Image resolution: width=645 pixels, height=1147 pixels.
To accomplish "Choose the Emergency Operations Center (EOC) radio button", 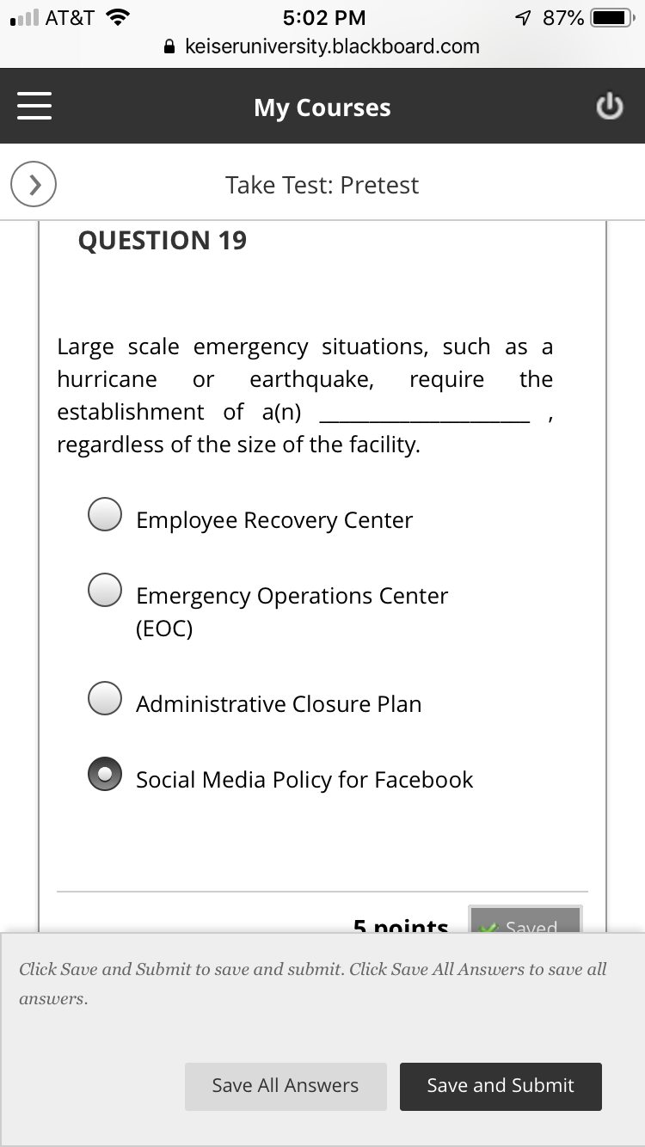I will pyautogui.click(x=105, y=590).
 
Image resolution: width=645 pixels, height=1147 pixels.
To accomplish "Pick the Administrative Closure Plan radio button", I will pyautogui.click(x=105, y=698).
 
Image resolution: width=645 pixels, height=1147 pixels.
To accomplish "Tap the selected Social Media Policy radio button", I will pyautogui.click(x=105, y=774).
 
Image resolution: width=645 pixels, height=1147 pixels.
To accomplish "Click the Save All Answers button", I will pyautogui.click(x=286, y=1086).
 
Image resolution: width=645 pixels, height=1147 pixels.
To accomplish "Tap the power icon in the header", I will pyautogui.click(x=609, y=107).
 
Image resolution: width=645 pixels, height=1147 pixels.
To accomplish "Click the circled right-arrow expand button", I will pyautogui.click(x=34, y=184).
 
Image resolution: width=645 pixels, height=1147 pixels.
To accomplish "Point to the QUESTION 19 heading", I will pyautogui.click(x=163, y=241).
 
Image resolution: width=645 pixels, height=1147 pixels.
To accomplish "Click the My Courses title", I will pyautogui.click(x=322, y=107).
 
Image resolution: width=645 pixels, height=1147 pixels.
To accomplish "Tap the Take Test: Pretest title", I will pyautogui.click(x=322, y=185).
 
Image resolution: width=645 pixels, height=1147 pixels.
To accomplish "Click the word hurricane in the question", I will pyautogui.click(x=107, y=380).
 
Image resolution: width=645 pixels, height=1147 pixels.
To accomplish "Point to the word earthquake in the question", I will pyautogui.click(x=311, y=380).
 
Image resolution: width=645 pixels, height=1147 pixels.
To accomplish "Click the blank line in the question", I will pyautogui.click(x=424, y=414).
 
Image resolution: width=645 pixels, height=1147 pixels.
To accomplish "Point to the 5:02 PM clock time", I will pyautogui.click(x=323, y=18).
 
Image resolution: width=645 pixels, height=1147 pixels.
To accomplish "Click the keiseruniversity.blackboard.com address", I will pyautogui.click(x=332, y=46).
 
